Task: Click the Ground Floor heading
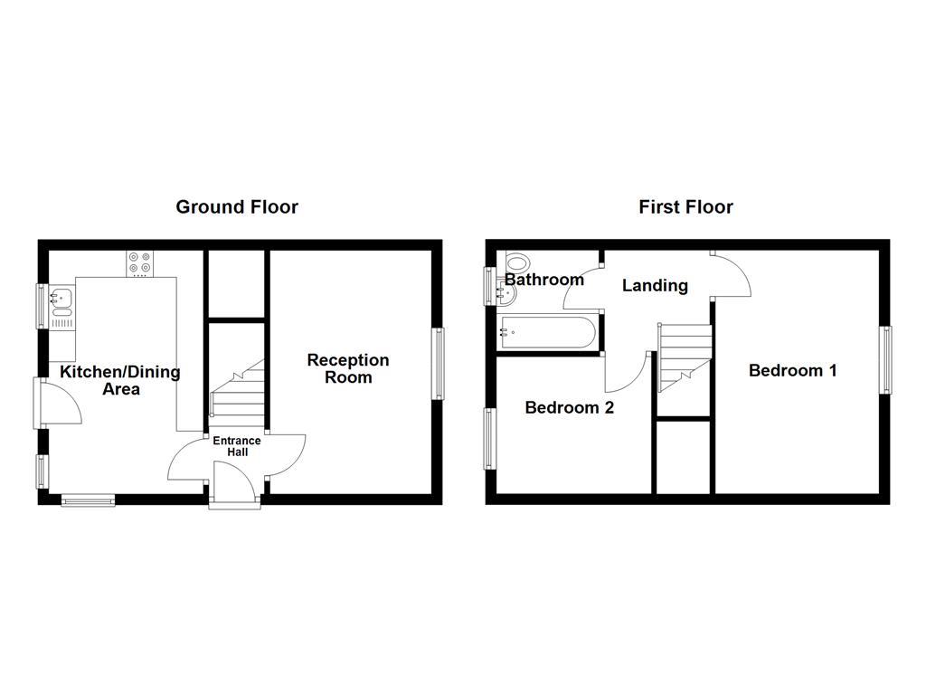[x=237, y=207]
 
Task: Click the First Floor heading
[x=685, y=207]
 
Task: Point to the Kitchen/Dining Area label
[x=120, y=380]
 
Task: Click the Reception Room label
[x=348, y=368]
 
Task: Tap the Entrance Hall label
[x=237, y=446]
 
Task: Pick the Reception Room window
[x=439, y=363]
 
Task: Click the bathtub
[x=548, y=332]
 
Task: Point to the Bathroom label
[x=543, y=280]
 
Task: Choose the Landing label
[x=655, y=286]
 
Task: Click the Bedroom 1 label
[x=792, y=370]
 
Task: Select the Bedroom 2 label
[x=570, y=408]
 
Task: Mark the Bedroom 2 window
[x=490, y=440]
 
